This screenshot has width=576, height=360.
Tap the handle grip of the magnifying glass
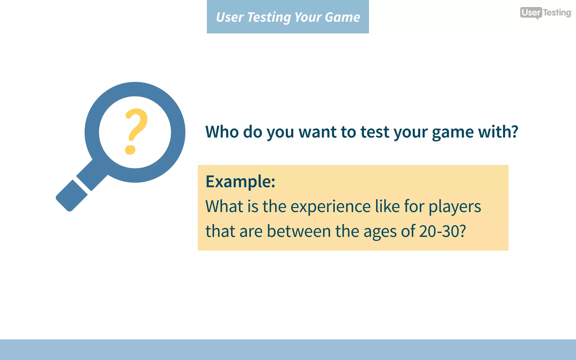click(x=72, y=196)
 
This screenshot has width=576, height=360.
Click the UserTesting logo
click(x=545, y=13)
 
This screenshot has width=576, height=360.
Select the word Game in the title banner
click(x=342, y=17)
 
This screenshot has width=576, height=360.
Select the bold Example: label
click(x=240, y=182)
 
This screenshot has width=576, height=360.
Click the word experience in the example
click(x=330, y=207)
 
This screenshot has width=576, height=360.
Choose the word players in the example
click(x=454, y=207)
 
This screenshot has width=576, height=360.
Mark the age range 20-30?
click(x=442, y=231)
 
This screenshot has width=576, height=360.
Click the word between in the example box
click(x=299, y=231)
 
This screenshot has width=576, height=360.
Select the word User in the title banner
click(x=229, y=17)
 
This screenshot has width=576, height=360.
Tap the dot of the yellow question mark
click(x=130, y=149)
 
